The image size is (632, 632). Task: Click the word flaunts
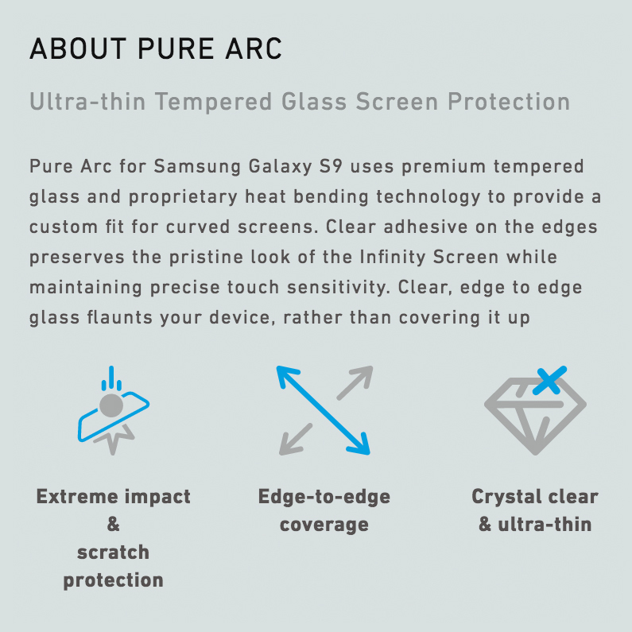114,318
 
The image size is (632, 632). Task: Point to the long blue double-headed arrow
323,409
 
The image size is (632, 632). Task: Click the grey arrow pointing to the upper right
355,382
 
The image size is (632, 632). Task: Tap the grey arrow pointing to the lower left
295,440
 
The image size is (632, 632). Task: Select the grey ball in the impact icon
111,406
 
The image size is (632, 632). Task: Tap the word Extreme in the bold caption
75,497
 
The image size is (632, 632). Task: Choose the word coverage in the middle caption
324,525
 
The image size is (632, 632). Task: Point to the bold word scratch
113,553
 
